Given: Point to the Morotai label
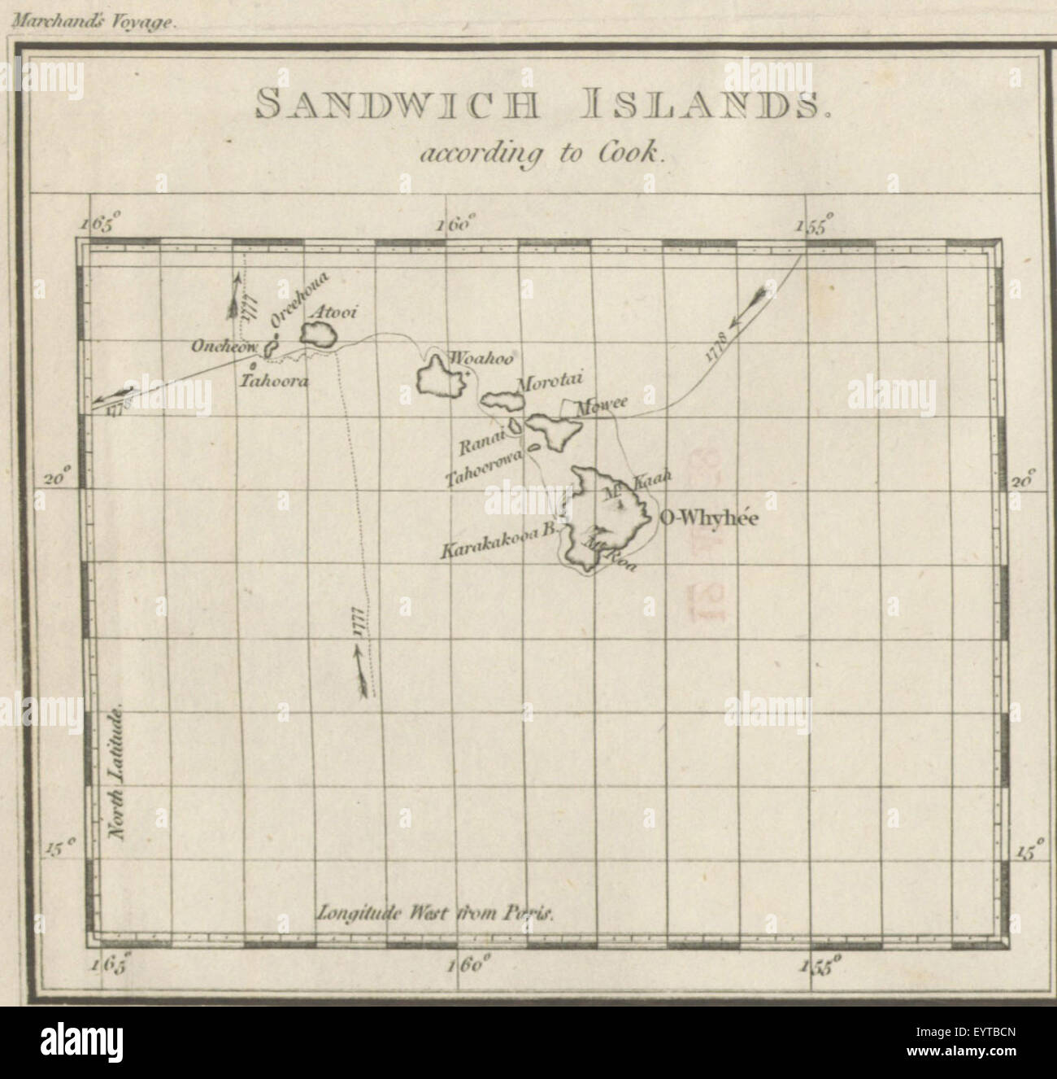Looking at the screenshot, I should coord(545,382).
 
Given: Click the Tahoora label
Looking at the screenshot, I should coord(274,380).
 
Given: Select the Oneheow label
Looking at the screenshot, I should coord(224,347).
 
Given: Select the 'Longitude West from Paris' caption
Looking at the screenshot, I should coord(436,911).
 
